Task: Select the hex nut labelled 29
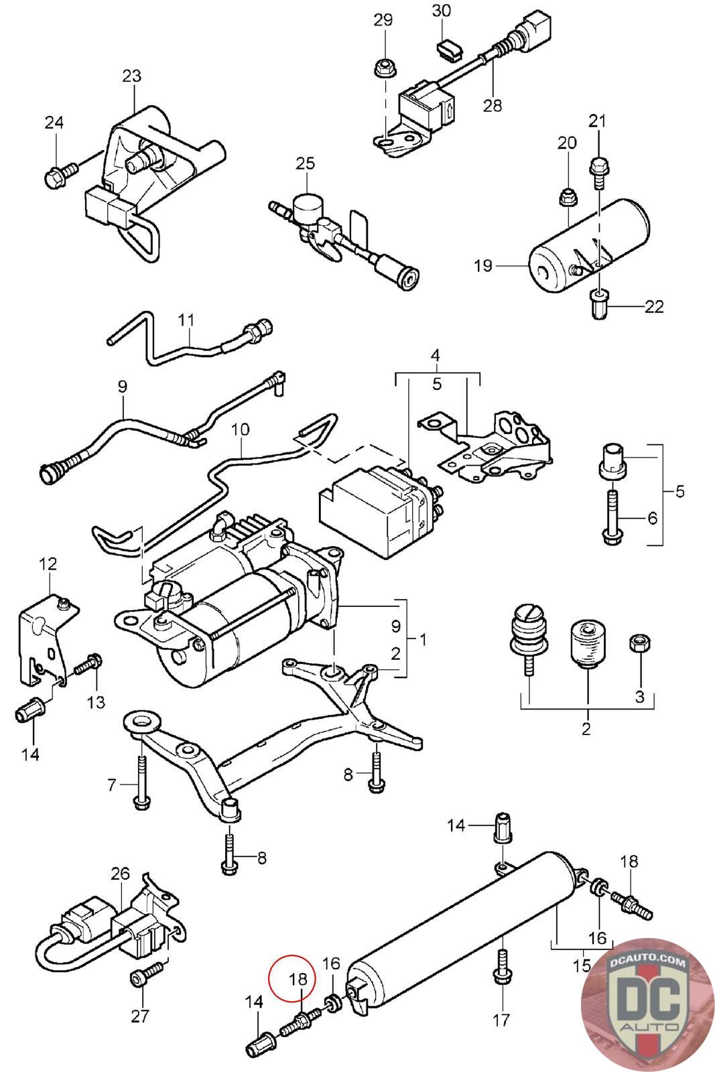point(383,67)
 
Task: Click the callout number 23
point(132,75)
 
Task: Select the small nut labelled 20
point(567,198)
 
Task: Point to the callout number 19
point(482,266)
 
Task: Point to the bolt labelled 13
point(88,665)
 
